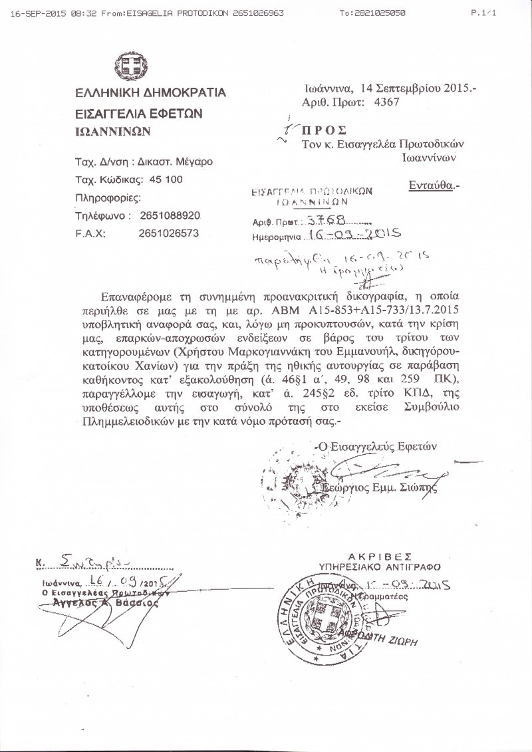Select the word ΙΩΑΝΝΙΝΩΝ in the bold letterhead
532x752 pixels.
113,132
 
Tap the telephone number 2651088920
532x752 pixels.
169,216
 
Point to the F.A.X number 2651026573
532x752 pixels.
169,233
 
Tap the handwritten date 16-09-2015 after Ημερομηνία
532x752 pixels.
352,234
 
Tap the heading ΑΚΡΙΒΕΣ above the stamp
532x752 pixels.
380,556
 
